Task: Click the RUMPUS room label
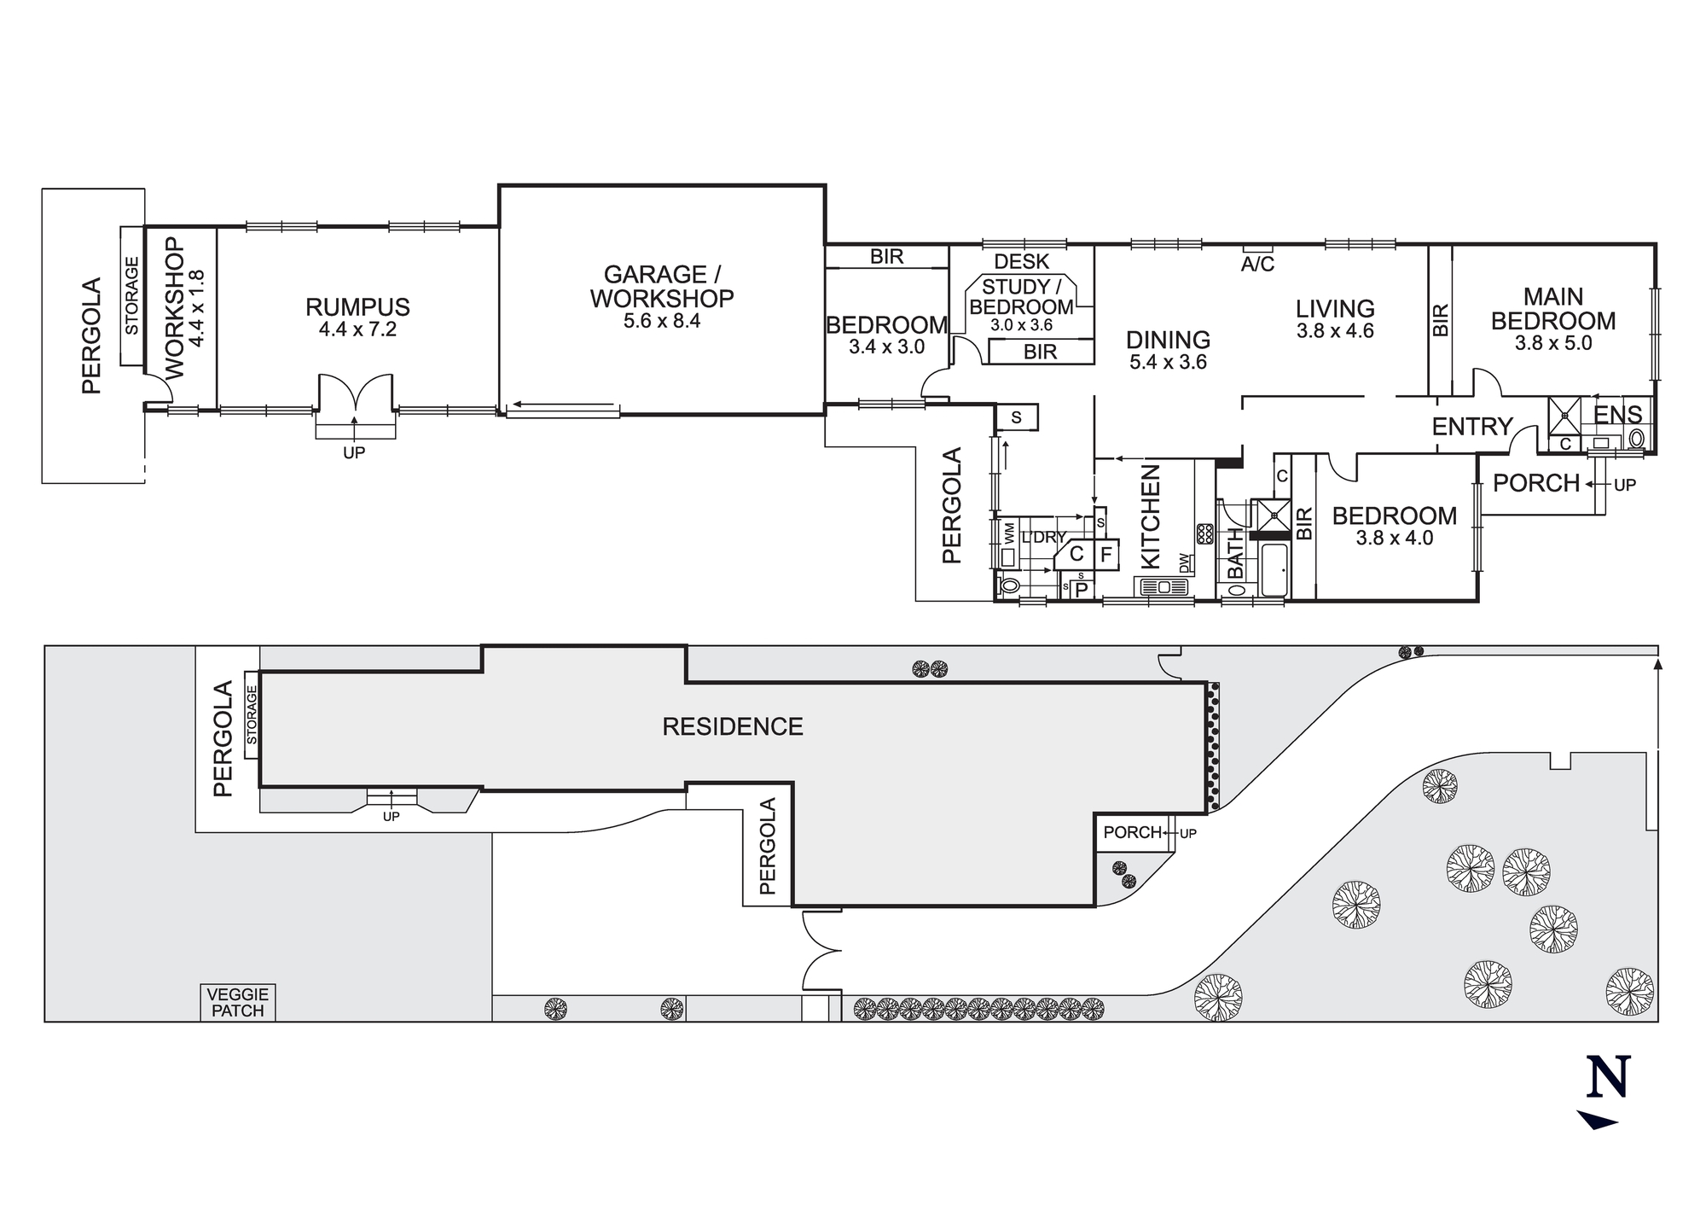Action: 357,307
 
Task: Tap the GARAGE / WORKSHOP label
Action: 662,287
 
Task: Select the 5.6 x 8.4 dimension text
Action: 662,322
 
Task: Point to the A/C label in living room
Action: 1257,265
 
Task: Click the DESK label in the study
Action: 1022,261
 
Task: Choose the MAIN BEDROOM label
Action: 1553,309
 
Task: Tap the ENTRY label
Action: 1471,426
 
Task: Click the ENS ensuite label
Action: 1618,415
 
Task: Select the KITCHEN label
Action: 1151,516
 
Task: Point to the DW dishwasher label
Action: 1185,563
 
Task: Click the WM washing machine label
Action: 1009,535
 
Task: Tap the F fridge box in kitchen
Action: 1106,555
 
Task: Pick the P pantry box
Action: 1082,589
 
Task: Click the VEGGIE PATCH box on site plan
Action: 238,1003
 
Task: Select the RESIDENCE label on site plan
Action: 733,727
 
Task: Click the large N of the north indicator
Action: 1608,1078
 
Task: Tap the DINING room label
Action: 1168,341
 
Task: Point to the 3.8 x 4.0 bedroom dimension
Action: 1395,539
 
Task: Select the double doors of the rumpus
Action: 356,395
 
